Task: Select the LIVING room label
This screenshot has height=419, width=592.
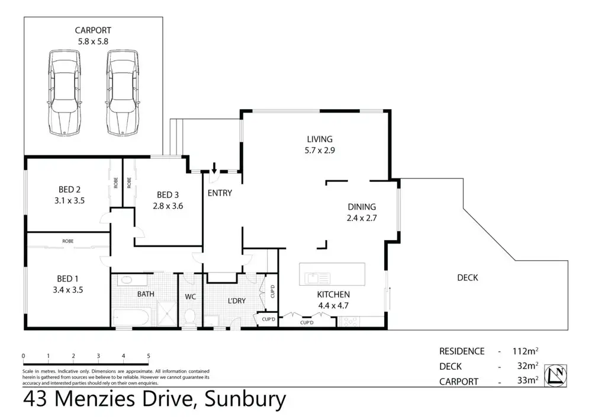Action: pos(319,139)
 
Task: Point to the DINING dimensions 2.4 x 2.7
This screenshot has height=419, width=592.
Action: pos(362,218)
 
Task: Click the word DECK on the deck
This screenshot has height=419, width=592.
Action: pos(468,277)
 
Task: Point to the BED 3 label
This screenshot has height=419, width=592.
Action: pos(168,195)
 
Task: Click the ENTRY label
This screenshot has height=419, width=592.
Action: pos(220,193)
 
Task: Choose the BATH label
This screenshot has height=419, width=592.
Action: pos(146,294)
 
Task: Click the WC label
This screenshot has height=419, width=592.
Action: pos(191,296)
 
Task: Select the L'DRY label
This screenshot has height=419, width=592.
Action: pos(236,301)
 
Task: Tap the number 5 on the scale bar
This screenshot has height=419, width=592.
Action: pos(149,356)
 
